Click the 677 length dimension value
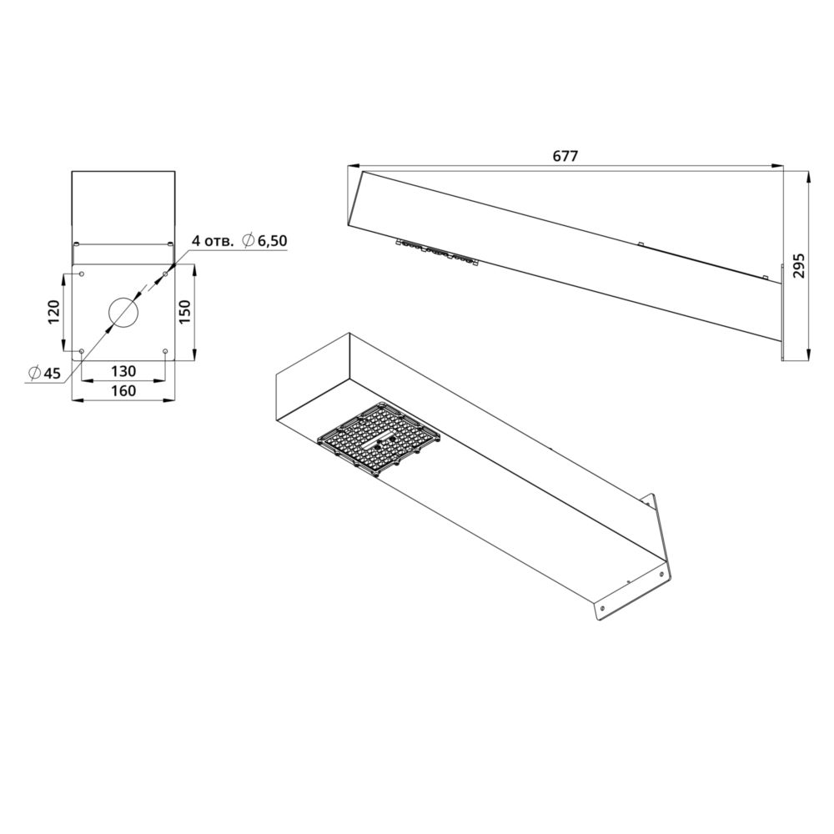[x=565, y=156]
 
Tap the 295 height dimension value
[x=799, y=266]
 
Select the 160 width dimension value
[x=123, y=391]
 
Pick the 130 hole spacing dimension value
[x=123, y=371]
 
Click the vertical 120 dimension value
[x=53, y=312]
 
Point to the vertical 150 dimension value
[x=184, y=312]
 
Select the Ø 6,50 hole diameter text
[x=264, y=240]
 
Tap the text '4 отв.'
[x=212, y=241]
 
